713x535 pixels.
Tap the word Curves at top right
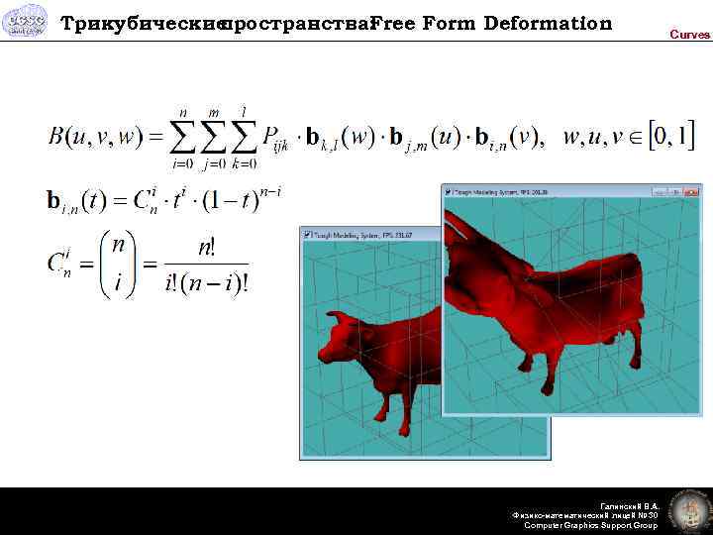689,35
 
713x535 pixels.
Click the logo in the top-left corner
24,20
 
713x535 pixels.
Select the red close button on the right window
691,190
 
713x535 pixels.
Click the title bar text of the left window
362,235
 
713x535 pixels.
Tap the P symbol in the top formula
273,138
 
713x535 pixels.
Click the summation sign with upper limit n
183,137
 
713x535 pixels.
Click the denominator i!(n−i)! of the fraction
207,283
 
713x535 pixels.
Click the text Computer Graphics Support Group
590,525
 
